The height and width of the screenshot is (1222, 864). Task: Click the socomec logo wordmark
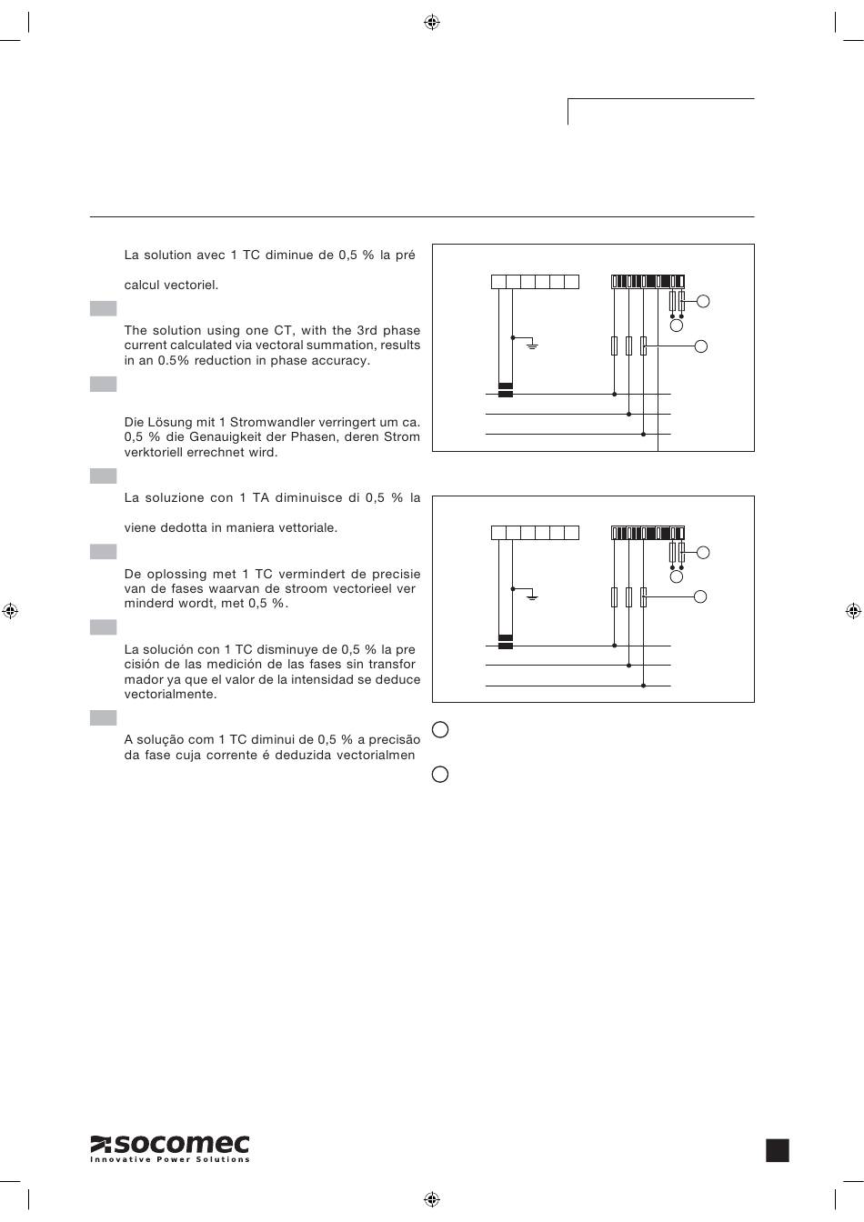169,1145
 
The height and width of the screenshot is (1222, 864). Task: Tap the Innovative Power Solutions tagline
169,1160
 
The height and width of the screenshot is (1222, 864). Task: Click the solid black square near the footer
778,1150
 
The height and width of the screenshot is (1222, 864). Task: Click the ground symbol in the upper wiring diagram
533,346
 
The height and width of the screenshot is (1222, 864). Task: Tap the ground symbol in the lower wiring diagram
533,596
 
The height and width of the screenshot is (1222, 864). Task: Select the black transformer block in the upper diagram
506,390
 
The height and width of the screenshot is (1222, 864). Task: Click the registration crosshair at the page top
432,22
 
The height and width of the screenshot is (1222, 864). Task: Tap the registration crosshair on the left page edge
10,610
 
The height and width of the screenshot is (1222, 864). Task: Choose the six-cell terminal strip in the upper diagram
535,282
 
